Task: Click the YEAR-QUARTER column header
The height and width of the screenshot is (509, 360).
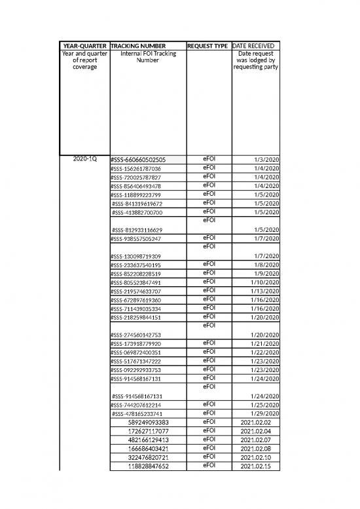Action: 84,45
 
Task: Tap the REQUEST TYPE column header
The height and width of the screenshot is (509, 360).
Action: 207,45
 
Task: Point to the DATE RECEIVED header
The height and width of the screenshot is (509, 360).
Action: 256,45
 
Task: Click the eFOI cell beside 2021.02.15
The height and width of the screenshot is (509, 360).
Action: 209,466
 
